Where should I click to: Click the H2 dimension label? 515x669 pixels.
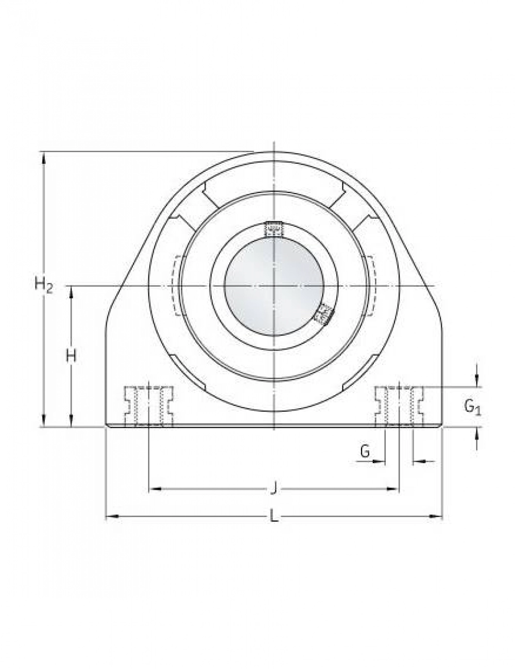pyautogui.click(x=44, y=285)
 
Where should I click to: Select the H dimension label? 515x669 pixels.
pyautogui.click(x=71, y=356)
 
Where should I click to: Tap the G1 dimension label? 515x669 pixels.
pyautogui.click(x=472, y=408)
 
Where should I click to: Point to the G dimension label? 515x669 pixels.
pyautogui.click(x=365, y=452)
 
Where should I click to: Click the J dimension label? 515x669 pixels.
pyautogui.click(x=274, y=488)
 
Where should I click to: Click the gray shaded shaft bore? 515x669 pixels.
pyautogui.click(x=274, y=286)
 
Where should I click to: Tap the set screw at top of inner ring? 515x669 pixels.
pyautogui.click(x=274, y=230)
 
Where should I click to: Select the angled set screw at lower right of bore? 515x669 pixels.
pyautogui.click(x=325, y=314)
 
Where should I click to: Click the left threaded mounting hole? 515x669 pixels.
pyautogui.click(x=149, y=407)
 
